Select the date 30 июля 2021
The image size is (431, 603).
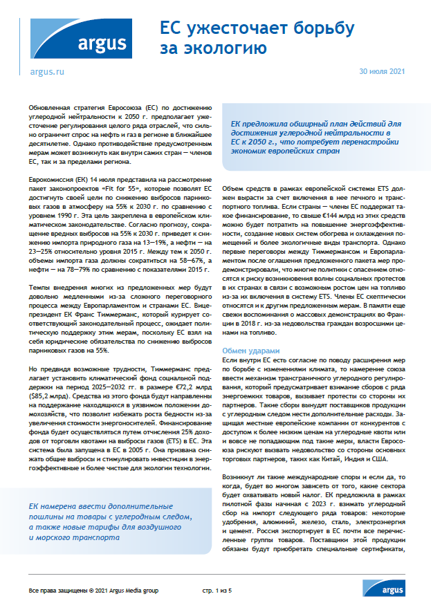click(383, 72)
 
